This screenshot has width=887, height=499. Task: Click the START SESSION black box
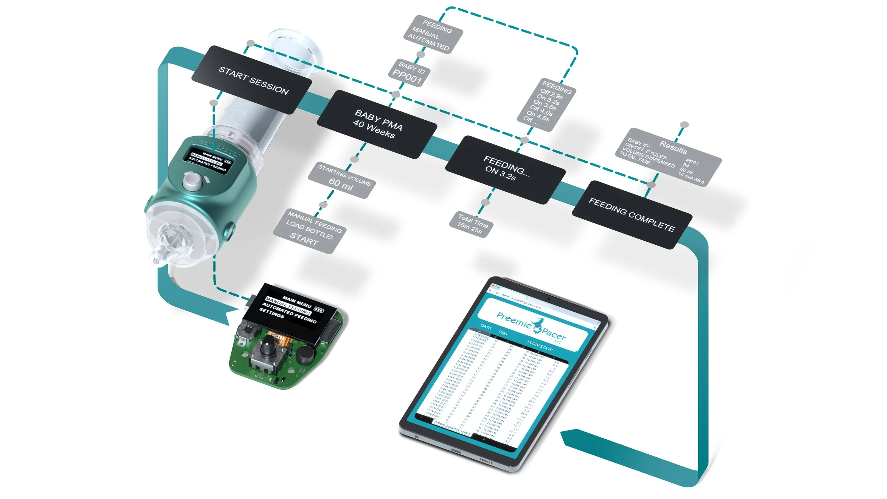click(x=252, y=80)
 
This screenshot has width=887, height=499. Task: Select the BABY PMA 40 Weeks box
click(x=377, y=124)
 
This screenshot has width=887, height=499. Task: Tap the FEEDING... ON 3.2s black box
click(x=505, y=170)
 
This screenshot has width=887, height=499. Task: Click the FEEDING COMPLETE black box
click(x=632, y=215)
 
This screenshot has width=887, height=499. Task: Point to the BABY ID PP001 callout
click(x=409, y=73)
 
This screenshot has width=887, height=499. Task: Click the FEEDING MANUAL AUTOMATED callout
click(x=433, y=35)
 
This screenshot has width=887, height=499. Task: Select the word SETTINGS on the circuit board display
click(x=271, y=313)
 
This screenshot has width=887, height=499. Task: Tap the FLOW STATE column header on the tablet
click(x=540, y=346)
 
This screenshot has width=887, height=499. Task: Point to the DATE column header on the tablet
click(x=486, y=327)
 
